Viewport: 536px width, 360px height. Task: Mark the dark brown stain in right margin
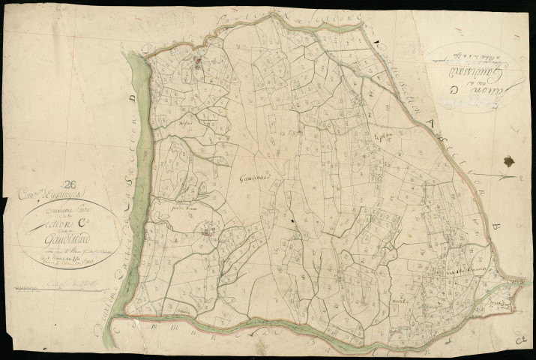[510, 161]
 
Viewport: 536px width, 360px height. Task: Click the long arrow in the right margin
[496, 178]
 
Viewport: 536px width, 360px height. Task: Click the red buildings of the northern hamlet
[199, 61]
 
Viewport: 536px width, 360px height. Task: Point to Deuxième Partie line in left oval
[68, 215]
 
